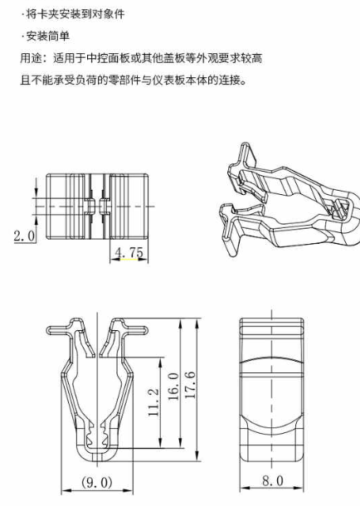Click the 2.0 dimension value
tap(24, 236)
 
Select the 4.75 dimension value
tap(129, 252)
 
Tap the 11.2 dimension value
tap(154, 402)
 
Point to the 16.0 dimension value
tap(173, 387)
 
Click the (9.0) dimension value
tap(97, 483)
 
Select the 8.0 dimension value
tap(273, 480)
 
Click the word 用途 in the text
tap(31, 58)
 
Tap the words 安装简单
tap(48, 36)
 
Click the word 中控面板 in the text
tap(109, 58)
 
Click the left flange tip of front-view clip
tap(49, 330)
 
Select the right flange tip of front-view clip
tap(146, 330)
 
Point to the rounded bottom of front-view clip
tap(97, 460)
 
